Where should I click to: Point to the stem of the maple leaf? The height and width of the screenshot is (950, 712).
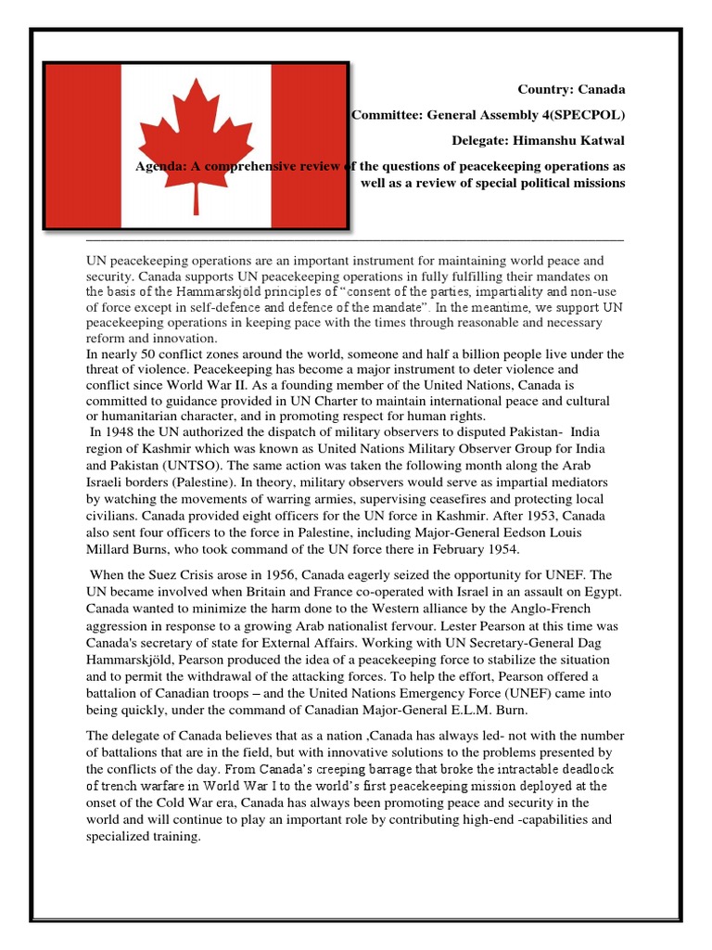[196, 197]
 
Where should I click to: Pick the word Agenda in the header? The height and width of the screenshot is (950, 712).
[159, 165]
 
